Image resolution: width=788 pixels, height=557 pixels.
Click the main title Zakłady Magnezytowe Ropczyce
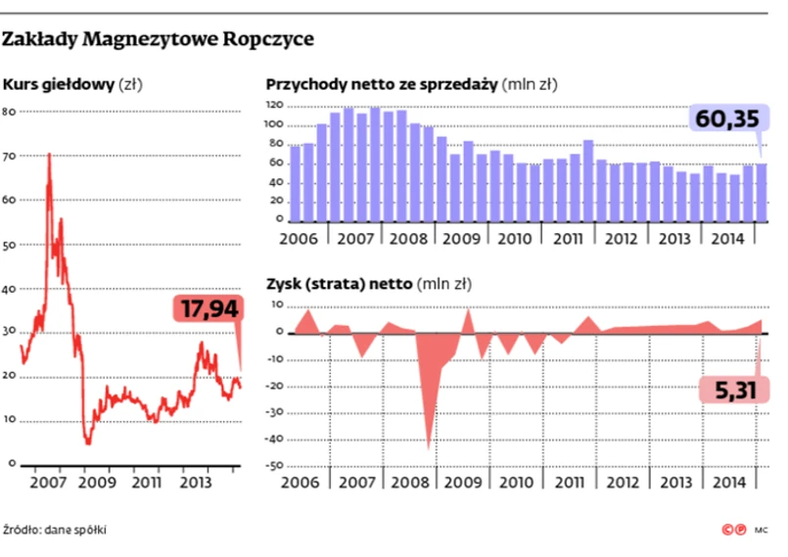pos(158,40)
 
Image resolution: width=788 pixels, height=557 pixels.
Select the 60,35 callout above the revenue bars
pos(726,119)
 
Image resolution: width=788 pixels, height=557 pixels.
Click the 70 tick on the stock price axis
pos(10,156)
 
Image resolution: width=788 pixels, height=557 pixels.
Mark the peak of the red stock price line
pos(49,155)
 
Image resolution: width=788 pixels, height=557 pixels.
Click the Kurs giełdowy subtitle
pos(60,85)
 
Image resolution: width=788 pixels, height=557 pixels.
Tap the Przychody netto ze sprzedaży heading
pos(383,85)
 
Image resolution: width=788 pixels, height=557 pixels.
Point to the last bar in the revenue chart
pos(761,192)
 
